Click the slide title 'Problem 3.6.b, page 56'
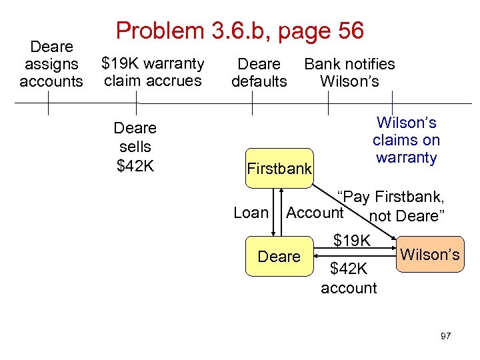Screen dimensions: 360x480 click(240, 31)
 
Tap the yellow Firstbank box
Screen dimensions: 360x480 click(279, 169)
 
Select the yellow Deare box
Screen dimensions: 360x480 click(279, 256)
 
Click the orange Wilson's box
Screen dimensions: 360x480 click(430, 254)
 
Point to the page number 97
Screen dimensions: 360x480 click(445, 336)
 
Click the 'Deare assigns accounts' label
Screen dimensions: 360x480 click(51, 64)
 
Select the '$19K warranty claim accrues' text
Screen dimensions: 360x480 click(153, 72)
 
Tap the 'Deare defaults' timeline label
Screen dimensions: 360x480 click(259, 73)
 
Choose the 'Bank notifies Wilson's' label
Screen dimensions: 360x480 click(349, 73)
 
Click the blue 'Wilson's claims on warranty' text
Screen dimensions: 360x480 click(406, 140)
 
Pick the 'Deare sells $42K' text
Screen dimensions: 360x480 click(135, 147)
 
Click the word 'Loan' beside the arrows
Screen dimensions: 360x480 click(251, 213)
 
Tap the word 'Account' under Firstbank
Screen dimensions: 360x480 click(314, 213)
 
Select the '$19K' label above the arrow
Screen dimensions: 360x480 click(353, 239)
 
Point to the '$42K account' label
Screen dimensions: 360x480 click(349, 278)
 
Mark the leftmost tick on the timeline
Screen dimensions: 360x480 click(48, 103)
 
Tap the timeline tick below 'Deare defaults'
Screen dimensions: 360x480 click(253, 103)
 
